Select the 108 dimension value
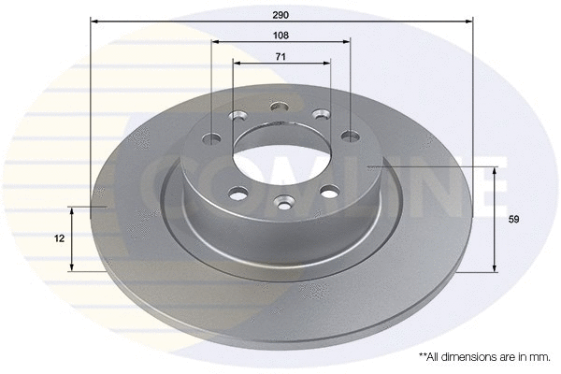(x=280, y=35)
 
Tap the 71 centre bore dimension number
(x=280, y=57)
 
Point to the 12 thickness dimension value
(x=59, y=238)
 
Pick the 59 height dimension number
(x=512, y=220)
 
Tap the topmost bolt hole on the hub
(x=280, y=107)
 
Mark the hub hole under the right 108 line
(x=351, y=136)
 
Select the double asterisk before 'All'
(x=423, y=357)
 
